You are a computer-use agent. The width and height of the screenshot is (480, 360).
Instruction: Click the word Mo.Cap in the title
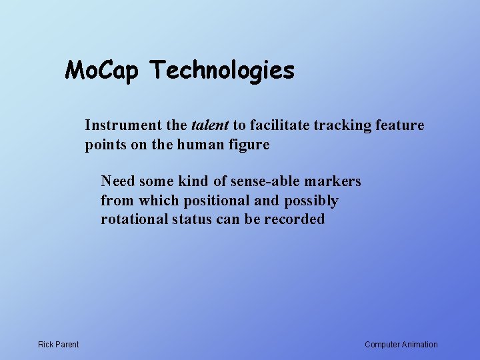click(x=103, y=70)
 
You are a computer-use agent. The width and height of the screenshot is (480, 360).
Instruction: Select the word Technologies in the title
click(x=221, y=70)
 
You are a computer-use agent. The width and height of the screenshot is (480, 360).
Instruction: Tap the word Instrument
click(x=123, y=125)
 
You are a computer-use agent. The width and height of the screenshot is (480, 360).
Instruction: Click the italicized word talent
click(x=210, y=125)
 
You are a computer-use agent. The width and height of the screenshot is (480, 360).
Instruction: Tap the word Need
click(x=118, y=181)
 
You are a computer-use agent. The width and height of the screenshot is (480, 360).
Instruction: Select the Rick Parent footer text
click(x=58, y=345)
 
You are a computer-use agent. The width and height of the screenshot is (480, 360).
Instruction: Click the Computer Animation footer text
click(x=401, y=345)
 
